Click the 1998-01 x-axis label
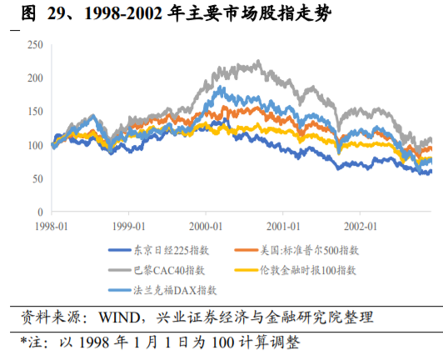click(54, 226)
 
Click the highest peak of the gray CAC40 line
click(256, 61)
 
